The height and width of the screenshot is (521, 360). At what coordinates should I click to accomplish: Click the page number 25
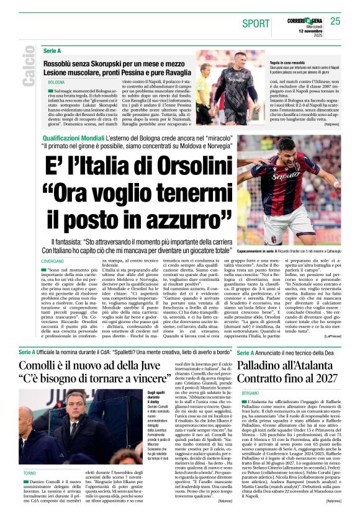[x=335, y=21]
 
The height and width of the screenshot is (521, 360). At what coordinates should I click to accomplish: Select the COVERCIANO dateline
[x=53, y=262]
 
